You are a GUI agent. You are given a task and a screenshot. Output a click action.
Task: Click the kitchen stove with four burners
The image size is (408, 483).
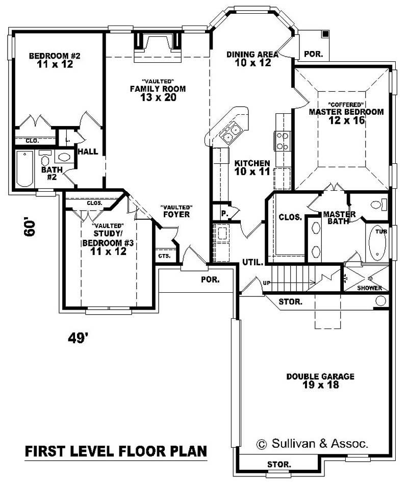point(282,141)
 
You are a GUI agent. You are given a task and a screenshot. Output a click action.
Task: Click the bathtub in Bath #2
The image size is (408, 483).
point(23,168)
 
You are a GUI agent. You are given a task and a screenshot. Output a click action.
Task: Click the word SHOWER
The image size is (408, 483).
point(370,288)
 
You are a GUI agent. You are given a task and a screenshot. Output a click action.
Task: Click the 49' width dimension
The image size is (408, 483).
point(79,337)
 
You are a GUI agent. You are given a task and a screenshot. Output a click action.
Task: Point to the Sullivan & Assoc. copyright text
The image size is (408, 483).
point(312,443)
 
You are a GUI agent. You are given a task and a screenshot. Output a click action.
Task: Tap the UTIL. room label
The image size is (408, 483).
point(252,263)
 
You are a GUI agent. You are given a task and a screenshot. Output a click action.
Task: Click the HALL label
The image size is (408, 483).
point(88,151)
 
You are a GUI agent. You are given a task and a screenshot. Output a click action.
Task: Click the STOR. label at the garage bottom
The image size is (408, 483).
point(279,465)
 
